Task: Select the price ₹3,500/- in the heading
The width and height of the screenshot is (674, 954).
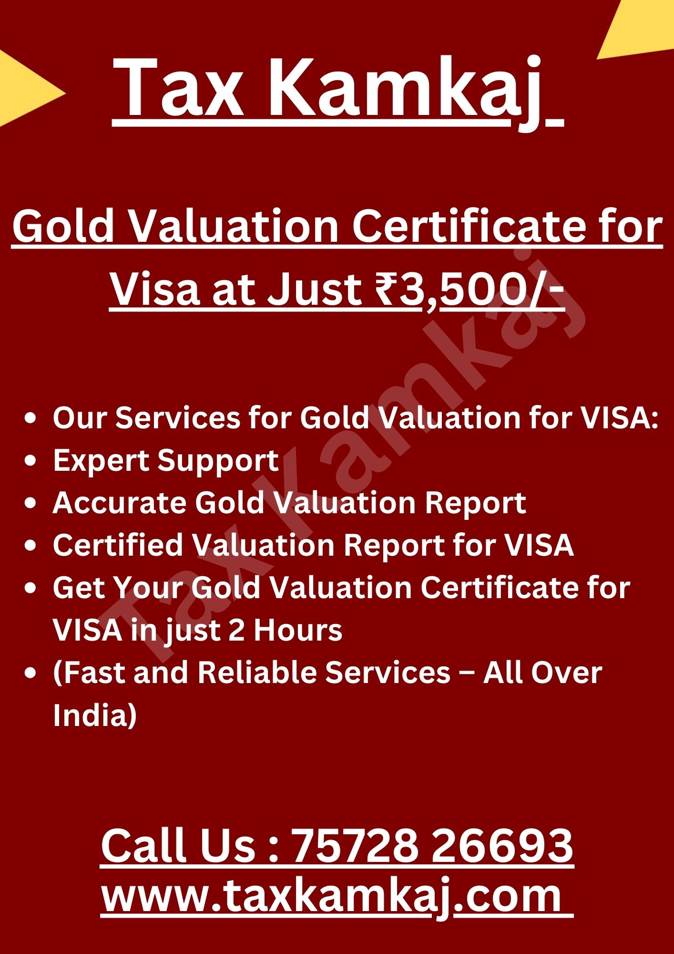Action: [x=470, y=290]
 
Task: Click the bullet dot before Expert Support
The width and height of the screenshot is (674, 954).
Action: [x=31, y=461]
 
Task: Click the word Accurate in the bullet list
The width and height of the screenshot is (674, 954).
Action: [x=119, y=503]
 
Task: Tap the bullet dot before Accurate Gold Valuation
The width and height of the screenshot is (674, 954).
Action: [x=31, y=503]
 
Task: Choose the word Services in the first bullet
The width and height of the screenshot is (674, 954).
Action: [x=178, y=418]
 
